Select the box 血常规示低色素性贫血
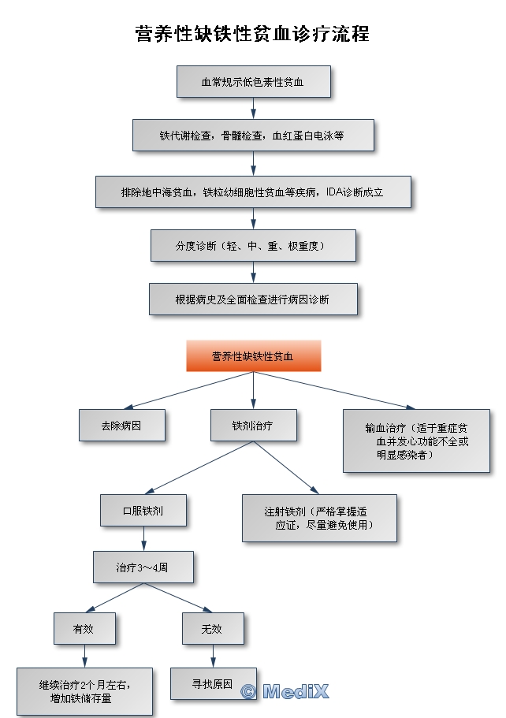(x=252, y=81)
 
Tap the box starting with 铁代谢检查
(x=252, y=136)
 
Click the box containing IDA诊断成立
(x=252, y=192)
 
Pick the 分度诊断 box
(x=252, y=246)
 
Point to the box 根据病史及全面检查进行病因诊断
(x=252, y=299)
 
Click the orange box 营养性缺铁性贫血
(x=252, y=356)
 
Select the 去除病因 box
(x=122, y=426)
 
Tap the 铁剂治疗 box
(x=252, y=426)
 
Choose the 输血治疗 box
(x=416, y=440)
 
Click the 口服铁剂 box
(x=143, y=510)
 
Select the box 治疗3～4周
(x=143, y=567)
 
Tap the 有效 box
(x=84, y=628)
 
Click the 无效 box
(x=213, y=628)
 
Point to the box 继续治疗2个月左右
(x=85, y=691)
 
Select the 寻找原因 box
(x=213, y=684)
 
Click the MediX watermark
(x=285, y=692)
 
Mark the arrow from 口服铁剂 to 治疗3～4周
(x=143, y=539)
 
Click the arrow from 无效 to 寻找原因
(x=213, y=656)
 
